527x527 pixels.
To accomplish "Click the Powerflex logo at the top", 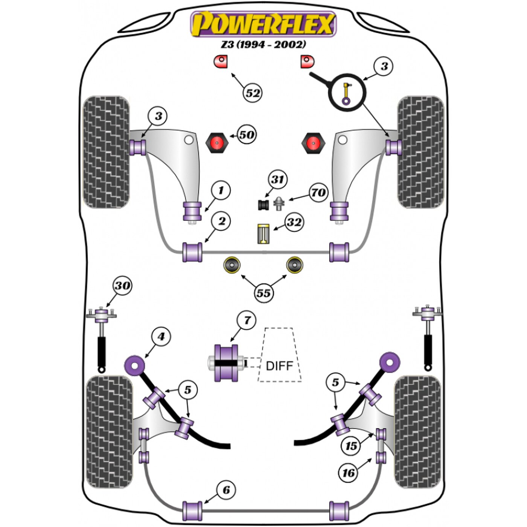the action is click(x=263, y=24).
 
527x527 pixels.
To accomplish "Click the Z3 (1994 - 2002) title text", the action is click(x=263, y=44).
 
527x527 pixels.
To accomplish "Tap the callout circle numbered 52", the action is click(x=253, y=93).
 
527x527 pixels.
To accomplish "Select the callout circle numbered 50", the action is click(x=247, y=134).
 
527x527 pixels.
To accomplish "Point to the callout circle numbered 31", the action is click(x=277, y=180).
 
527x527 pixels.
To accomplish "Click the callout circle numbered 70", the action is click(x=318, y=192).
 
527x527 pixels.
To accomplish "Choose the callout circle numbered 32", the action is click(x=294, y=222).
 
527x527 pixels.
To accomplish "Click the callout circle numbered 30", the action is click(x=122, y=286).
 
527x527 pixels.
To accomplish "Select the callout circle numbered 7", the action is click(x=247, y=320).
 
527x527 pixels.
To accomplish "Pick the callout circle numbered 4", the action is click(x=161, y=337).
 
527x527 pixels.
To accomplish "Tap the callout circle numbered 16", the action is click(x=349, y=472).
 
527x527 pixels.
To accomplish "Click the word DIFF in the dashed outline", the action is click(x=279, y=366).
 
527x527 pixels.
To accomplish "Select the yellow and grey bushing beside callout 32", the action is click(x=263, y=233).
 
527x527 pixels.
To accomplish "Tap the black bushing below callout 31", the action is click(x=263, y=205).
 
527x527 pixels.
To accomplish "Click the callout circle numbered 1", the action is click(x=221, y=190).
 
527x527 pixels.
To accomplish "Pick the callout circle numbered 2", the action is click(x=221, y=221).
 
